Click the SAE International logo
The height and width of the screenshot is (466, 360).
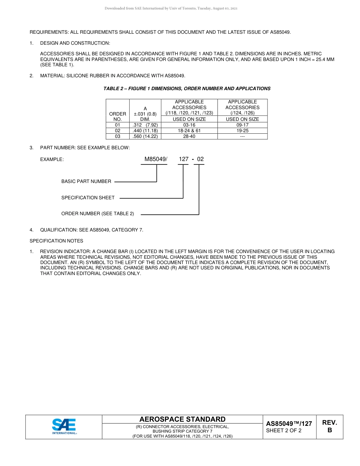64,427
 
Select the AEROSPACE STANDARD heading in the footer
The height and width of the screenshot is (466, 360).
182,419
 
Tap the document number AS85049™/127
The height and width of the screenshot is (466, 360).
289,424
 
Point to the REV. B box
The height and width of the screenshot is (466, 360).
329,427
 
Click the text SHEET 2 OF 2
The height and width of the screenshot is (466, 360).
284,430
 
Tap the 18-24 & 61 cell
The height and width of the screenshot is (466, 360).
189,131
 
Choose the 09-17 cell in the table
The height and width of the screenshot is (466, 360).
242,125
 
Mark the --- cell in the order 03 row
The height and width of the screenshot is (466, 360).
242,136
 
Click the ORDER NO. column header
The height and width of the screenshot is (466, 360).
117,116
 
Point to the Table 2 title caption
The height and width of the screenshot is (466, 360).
187,89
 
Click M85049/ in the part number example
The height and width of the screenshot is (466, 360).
156,159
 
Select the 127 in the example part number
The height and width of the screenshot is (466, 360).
183,159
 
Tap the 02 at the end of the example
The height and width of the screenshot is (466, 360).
200,159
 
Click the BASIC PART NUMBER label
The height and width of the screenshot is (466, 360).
86,181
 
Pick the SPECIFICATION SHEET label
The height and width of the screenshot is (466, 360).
88,198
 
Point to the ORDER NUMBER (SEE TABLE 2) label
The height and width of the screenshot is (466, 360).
98,214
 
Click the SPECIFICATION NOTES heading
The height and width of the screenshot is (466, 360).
56,241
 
